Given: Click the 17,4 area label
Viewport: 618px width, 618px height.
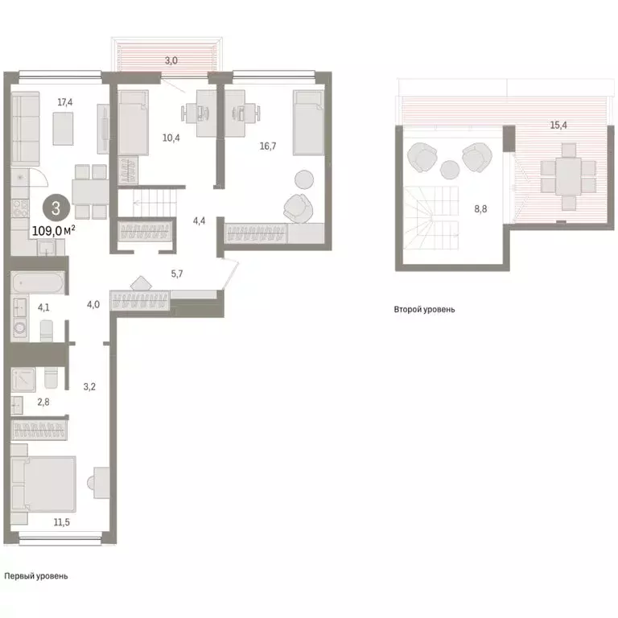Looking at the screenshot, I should [x=65, y=102].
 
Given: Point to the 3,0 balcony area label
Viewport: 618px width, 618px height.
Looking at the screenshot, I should [x=171, y=60].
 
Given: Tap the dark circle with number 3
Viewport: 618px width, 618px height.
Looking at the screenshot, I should [x=55, y=208].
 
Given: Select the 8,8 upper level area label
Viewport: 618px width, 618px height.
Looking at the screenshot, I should [x=480, y=208].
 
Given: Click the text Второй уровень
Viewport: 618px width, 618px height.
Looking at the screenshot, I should [x=424, y=309].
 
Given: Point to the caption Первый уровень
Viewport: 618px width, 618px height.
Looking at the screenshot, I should [x=36, y=576].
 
